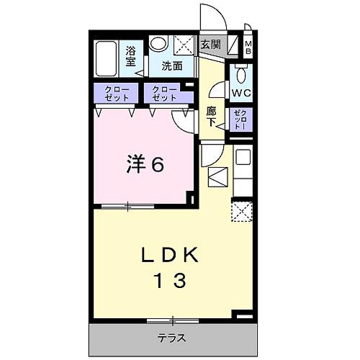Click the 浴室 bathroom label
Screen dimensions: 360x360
click(x=131, y=56)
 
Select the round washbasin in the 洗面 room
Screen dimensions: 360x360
click(x=158, y=45)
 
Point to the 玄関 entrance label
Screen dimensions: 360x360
click(x=210, y=45)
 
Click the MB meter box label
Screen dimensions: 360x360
click(x=248, y=48)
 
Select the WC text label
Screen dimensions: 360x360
click(x=240, y=92)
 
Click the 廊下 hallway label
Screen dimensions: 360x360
click(x=212, y=117)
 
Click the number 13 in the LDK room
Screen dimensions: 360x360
click(x=173, y=279)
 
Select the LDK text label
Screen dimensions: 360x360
click(x=173, y=256)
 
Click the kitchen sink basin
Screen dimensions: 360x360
click(x=242, y=156)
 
